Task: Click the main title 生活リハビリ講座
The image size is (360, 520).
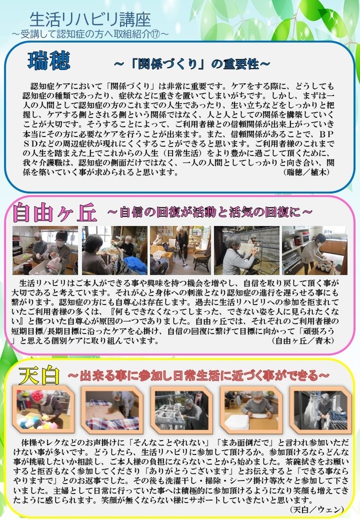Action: (x=90, y=20)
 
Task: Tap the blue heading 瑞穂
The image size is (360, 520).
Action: (x=49, y=60)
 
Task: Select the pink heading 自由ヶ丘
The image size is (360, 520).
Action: (x=55, y=213)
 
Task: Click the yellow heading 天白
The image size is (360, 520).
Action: (x=39, y=376)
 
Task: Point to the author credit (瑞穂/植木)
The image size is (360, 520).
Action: (x=307, y=173)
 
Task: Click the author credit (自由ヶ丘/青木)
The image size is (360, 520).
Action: (x=303, y=340)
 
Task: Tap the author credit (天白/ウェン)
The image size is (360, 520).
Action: (x=316, y=509)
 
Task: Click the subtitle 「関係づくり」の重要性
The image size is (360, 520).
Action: (x=192, y=63)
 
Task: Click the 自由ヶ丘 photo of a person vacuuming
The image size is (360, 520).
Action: (x=180, y=250)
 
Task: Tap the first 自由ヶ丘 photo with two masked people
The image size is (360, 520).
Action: (x=45, y=250)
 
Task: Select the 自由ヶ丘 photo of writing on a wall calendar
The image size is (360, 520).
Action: (x=246, y=250)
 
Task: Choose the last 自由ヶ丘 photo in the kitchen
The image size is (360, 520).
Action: (x=315, y=250)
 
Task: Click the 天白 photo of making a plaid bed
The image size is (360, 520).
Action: (x=112, y=410)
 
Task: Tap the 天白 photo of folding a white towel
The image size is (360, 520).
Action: (x=251, y=410)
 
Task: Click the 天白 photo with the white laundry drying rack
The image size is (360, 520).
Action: (x=182, y=410)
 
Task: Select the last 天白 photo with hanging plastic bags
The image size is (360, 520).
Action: (x=320, y=410)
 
